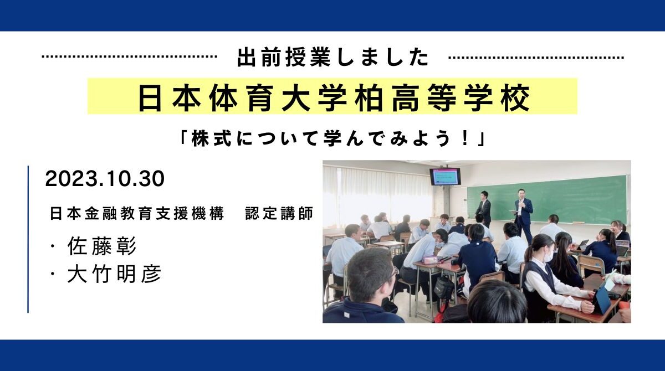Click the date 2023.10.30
click(105, 179)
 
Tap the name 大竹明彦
click(114, 274)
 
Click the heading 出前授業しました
click(332, 58)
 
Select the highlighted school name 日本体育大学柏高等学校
click(332, 97)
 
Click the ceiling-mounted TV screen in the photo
click(445, 177)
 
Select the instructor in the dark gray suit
click(484, 209)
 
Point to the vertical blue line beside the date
click(28, 238)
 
